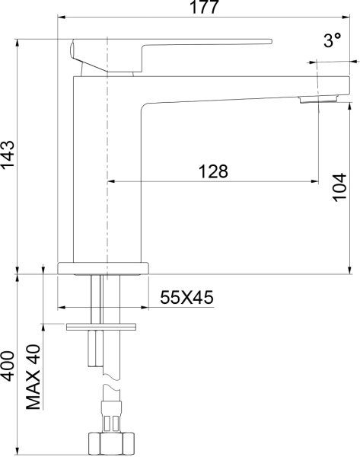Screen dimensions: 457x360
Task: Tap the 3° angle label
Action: (x=332, y=43)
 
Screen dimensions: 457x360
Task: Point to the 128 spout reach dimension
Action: (x=212, y=172)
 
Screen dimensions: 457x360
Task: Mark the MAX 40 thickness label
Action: (x=33, y=376)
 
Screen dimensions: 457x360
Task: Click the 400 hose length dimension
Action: (x=8, y=369)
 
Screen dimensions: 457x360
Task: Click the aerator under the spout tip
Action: (x=320, y=99)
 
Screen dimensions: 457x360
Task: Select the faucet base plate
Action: (x=104, y=268)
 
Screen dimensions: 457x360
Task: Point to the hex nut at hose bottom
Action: (x=112, y=443)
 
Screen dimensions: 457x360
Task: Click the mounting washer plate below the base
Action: (x=102, y=327)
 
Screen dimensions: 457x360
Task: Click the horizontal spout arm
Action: (x=228, y=88)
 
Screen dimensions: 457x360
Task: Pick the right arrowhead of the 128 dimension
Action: (x=314, y=181)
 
